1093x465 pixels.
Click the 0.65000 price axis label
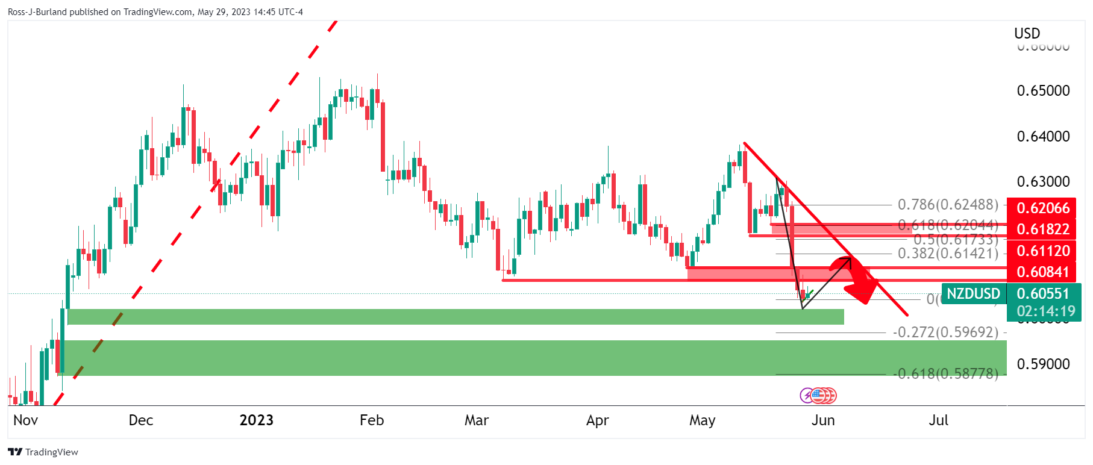pos(1043,91)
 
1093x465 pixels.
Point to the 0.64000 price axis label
pos(1043,137)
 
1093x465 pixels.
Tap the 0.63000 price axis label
pos(1043,182)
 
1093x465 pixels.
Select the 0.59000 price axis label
pos(1043,364)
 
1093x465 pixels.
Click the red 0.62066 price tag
pos(1043,208)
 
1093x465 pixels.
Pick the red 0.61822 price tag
pos(1043,229)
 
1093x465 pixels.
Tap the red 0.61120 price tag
pos(1043,251)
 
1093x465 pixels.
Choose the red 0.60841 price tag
pos(1043,272)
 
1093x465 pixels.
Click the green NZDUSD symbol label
pos(973,294)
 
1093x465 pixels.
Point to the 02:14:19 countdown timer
pos(1045,311)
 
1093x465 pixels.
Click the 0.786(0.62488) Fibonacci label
pos(948,205)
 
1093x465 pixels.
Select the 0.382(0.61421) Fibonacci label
pos(948,254)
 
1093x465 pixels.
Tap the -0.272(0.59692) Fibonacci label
pos(945,332)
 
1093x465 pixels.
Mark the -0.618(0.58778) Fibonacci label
pos(945,374)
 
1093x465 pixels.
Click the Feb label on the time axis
pos(372,420)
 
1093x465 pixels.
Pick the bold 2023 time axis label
pos(256,420)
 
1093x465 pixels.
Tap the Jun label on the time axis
pos(823,420)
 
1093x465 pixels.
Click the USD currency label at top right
pos(1027,34)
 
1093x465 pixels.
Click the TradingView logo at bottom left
pos(43,452)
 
